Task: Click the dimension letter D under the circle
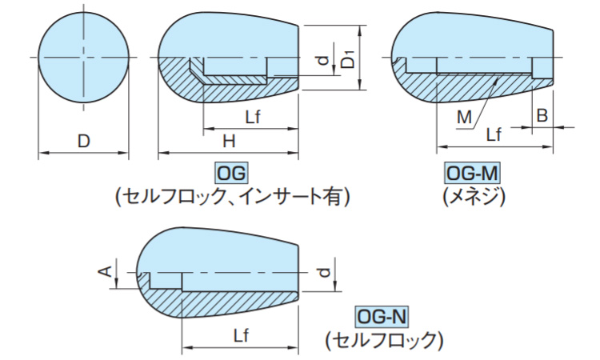pyautogui.click(x=83, y=141)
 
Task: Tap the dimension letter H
pyautogui.click(x=229, y=141)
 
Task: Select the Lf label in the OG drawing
pyautogui.click(x=253, y=117)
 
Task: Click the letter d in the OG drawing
pyautogui.click(x=324, y=61)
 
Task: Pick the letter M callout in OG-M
pyautogui.click(x=464, y=117)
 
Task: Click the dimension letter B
pyautogui.click(x=542, y=114)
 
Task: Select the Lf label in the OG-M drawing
pyautogui.click(x=494, y=134)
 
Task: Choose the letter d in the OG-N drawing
pyautogui.click(x=325, y=272)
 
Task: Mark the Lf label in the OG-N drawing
pyautogui.click(x=241, y=335)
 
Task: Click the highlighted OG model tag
pyautogui.click(x=231, y=174)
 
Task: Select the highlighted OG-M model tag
pyautogui.click(x=472, y=174)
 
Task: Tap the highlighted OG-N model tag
pyautogui.click(x=382, y=317)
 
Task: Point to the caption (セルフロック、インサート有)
pyautogui.click(x=232, y=197)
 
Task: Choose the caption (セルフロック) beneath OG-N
pyautogui.click(x=384, y=340)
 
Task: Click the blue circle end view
pyautogui.click(x=83, y=58)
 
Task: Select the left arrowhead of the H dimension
pyautogui.click(x=163, y=153)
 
